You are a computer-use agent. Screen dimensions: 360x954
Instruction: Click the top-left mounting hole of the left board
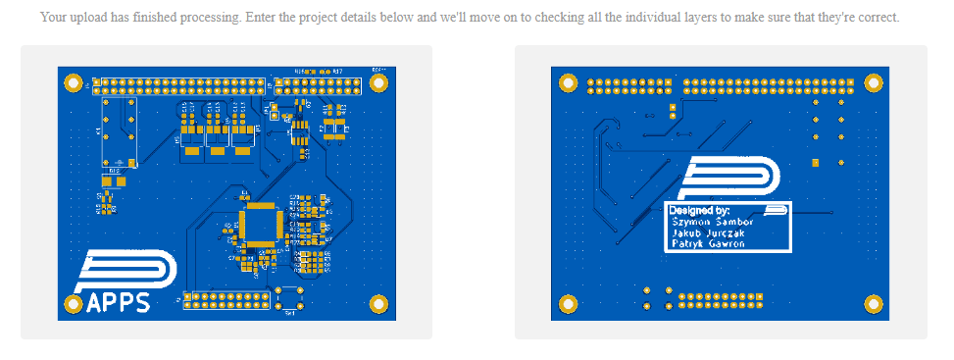coord(75,83)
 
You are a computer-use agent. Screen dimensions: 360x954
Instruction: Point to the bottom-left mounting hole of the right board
coord(567,305)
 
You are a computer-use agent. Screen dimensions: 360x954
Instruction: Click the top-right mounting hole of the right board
coord(872,83)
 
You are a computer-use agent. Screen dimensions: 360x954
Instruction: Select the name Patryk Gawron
coord(708,244)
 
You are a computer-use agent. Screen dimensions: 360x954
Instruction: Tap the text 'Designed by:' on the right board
coord(699,210)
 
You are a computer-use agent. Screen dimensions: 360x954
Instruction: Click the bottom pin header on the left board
coord(228,300)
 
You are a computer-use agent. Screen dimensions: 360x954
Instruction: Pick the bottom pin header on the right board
coord(729,300)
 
